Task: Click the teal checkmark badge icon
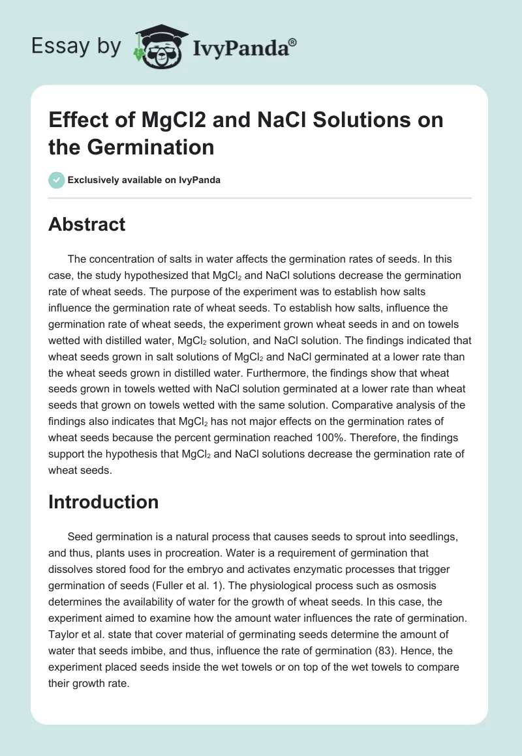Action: click(56, 180)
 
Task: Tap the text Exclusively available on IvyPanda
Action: click(144, 180)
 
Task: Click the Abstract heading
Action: click(87, 224)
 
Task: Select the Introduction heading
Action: click(103, 502)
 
